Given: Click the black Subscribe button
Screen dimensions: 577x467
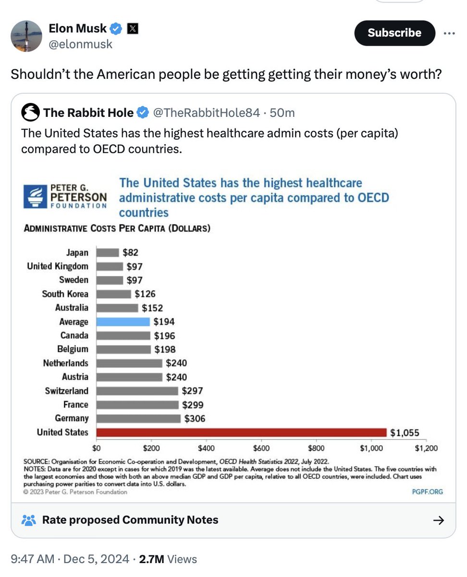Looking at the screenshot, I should pyautogui.click(x=394, y=33).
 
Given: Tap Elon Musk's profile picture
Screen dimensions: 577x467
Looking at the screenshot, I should pyautogui.click(x=26, y=36).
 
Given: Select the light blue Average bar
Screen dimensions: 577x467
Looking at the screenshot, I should pyautogui.click(x=123, y=322).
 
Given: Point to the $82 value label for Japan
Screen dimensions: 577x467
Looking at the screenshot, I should pyautogui.click(x=130, y=252).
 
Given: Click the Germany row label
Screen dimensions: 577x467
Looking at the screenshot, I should pyautogui.click(x=72, y=418).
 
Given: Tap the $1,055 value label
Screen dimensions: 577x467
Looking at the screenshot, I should pyautogui.click(x=405, y=433).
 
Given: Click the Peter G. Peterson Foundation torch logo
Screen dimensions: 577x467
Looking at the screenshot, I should pyautogui.click(x=35, y=197).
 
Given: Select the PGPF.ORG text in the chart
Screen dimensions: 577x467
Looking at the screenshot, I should pyautogui.click(x=428, y=491).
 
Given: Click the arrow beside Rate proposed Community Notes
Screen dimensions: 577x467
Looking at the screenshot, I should pyautogui.click(x=438, y=520).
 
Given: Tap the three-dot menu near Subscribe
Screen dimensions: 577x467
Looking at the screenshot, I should pyautogui.click(x=449, y=33).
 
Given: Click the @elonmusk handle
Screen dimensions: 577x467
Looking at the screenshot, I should pyautogui.click(x=80, y=44).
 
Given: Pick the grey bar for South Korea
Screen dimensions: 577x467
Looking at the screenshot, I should pyautogui.click(x=113, y=294).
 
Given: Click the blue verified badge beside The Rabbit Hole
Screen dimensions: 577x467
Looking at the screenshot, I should pyautogui.click(x=143, y=113).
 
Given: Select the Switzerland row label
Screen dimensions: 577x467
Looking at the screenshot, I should pyautogui.click(x=67, y=391).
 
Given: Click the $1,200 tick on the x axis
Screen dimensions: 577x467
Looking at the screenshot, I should pyautogui.click(x=426, y=449).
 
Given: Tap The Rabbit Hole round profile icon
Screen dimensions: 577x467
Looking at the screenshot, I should pyautogui.click(x=30, y=113).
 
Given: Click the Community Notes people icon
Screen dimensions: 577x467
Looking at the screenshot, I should pyautogui.click(x=29, y=520).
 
